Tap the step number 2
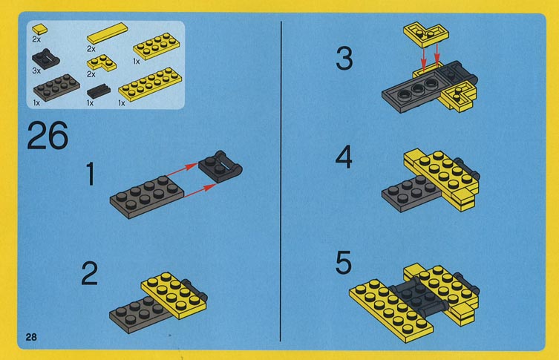tap(90, 273)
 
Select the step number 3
tap(344, 59)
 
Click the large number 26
tap(48, 135)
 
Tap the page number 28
tap(31, 337)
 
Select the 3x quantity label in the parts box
tap(36, 71)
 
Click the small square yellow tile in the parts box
tap(39, 28)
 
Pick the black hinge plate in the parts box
tap(45, 58)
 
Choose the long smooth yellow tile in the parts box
tap(107, 33)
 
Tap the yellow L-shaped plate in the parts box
tap(102, 62)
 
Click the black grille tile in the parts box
tap(99, 91)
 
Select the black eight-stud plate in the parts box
tap(56, 87)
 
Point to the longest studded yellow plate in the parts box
tap(150, 84)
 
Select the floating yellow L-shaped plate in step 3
tap(426, 35)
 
